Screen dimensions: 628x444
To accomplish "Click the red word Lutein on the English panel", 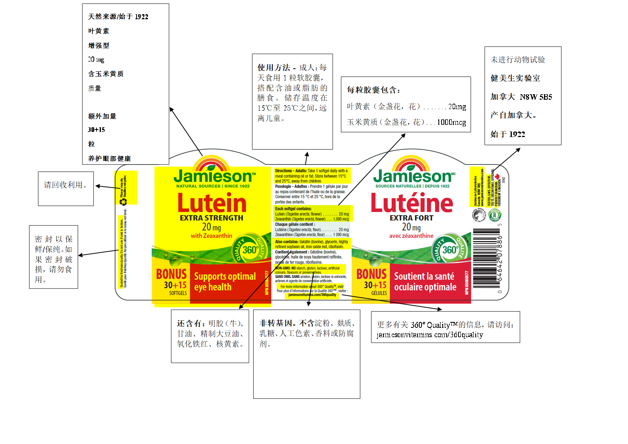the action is (212, 203).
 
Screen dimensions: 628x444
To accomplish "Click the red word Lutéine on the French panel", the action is (412, 203).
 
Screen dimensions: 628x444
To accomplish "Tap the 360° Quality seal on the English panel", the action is (250, 249).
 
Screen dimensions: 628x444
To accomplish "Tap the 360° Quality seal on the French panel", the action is (450, 249).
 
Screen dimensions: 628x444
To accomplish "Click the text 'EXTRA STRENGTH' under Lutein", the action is (212, 218).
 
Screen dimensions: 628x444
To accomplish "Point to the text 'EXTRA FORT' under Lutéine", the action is (411, 218).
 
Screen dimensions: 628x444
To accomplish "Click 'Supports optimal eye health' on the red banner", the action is (225, 281).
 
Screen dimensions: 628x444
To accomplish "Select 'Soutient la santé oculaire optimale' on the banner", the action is (425, 281).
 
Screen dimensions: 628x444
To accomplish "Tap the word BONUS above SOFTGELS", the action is (172, 274).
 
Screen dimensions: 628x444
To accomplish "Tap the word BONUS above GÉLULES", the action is (371, 274).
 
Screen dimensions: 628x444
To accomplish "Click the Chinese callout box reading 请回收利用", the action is (65, 185).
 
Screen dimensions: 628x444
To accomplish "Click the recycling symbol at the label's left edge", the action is (124, 202).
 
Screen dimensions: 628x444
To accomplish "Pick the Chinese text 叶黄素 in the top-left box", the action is (99, 31).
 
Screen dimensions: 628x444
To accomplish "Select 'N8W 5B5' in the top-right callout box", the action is (536, 97).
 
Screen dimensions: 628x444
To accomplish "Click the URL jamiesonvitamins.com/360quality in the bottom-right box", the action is (430, 335).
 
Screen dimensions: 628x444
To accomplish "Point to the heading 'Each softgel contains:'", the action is (293, 209).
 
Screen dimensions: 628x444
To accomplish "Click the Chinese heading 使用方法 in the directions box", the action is (274, 68).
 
